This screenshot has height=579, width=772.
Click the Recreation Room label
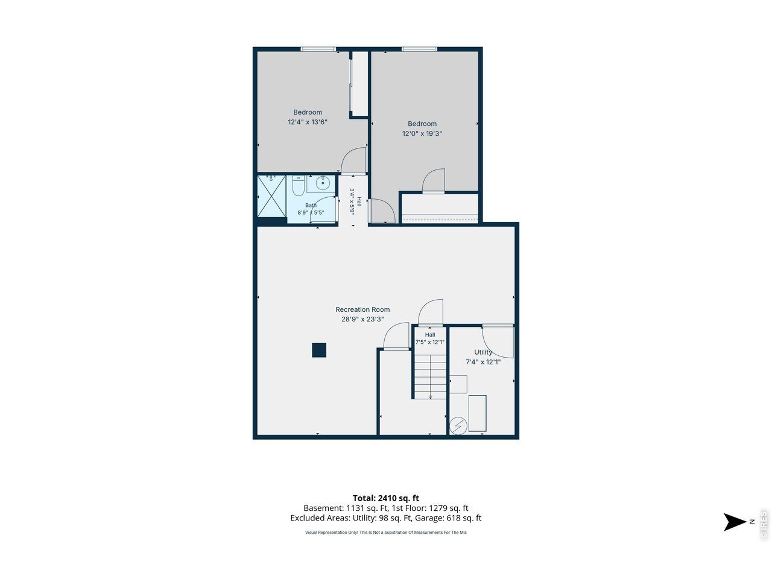point(362,309)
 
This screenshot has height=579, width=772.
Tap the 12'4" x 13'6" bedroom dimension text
point(308,122)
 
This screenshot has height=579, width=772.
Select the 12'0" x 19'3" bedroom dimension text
point(422,133)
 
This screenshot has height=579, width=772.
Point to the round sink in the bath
point(322,183)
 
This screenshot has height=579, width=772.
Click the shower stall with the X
point(271,196)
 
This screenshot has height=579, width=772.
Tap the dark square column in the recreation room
point(319,350)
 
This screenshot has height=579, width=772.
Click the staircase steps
point(430,376)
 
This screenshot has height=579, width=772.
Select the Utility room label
point(483,352)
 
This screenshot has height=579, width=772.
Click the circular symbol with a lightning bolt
point(458,426)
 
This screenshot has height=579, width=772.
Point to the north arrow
point(735,522)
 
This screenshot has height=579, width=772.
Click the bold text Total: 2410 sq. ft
point(386,498)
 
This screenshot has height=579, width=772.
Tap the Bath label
point(311,205)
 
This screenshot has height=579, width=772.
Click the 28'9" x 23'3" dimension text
point(362,319)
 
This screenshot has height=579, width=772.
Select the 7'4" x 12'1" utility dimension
point(483,362)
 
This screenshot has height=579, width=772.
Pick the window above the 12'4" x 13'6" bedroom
point(318,49)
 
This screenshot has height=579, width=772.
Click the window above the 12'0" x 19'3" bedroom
point(419,49)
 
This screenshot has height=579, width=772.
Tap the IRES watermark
point(763,525)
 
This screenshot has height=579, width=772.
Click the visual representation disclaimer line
point(386,532)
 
